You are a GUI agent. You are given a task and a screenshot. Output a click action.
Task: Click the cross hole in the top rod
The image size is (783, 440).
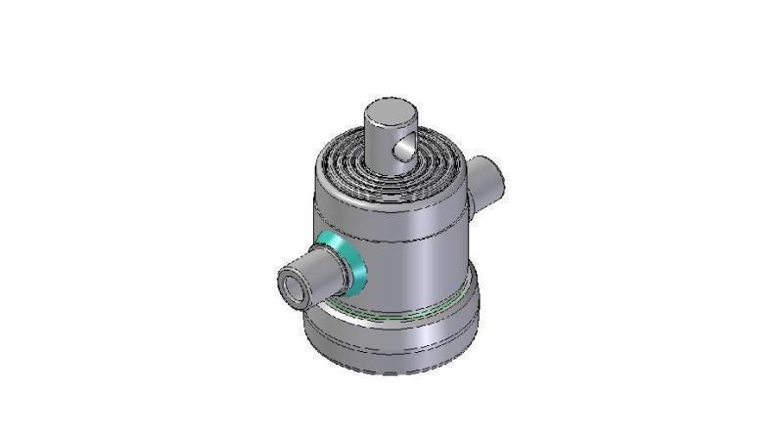(400, 149)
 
